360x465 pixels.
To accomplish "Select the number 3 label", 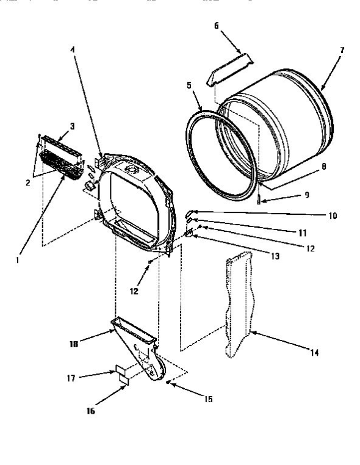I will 72,126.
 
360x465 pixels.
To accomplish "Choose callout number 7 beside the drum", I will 342,51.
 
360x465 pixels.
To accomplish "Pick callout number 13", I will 276,257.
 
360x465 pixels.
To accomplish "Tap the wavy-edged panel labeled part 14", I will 238,305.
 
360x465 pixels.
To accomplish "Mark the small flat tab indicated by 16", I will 124,379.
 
